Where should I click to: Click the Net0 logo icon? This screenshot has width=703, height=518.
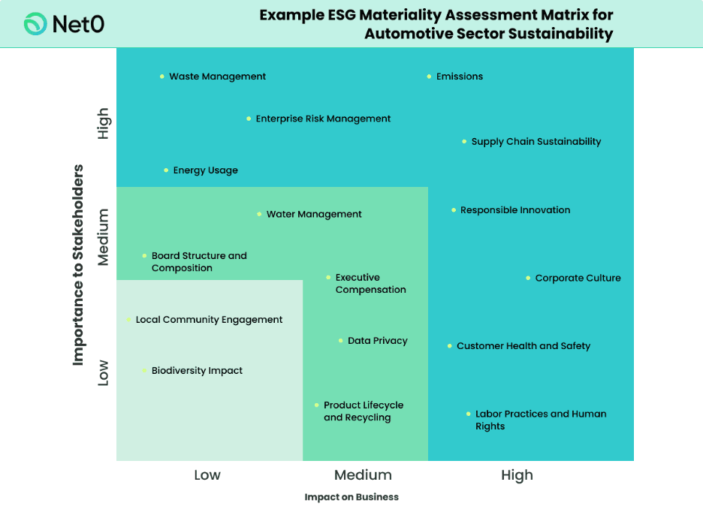[35, 24]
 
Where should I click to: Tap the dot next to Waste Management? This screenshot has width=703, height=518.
[162, 77]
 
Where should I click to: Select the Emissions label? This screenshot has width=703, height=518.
[460, 77]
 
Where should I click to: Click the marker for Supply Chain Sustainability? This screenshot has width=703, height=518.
[464, 142]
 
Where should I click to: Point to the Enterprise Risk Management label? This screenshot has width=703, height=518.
[323, 119]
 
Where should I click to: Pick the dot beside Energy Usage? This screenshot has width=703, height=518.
[166, 170]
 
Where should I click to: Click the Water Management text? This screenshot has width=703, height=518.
[314, 214]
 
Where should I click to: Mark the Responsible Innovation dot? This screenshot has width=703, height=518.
[454, 210]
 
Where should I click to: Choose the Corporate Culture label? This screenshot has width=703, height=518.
[578, 278]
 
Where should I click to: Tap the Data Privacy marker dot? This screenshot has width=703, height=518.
[341, 341]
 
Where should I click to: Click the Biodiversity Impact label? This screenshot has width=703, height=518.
[197, 371]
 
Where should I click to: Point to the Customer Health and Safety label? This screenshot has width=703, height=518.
[523, 346]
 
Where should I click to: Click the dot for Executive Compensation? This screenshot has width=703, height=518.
[328, 278]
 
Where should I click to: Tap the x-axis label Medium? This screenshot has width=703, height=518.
[363, 475]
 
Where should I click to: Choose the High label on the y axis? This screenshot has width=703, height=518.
[103, 123]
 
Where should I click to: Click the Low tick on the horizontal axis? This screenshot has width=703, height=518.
[207, 475]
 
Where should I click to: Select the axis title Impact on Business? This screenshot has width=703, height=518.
[351, 497]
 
